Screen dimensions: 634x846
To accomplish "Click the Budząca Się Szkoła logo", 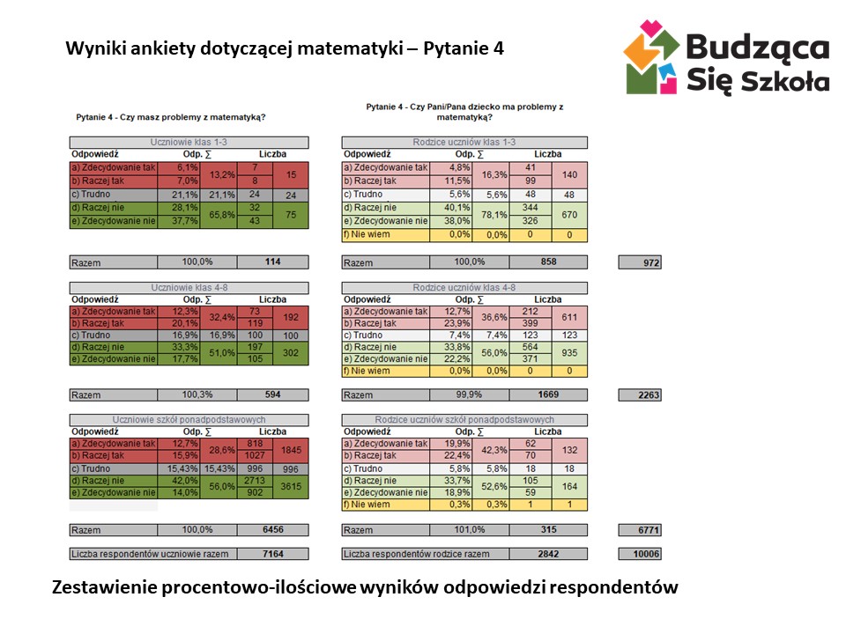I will pos(725,59).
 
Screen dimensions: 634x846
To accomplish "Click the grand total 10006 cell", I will pos(641,554).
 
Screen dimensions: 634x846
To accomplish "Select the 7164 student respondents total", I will pos(273,554).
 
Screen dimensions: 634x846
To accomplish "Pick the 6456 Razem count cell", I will pos(273,530).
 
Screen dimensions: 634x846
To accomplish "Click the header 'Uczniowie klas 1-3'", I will pos(189,143).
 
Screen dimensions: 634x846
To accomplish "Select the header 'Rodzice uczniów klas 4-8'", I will pos(464,287).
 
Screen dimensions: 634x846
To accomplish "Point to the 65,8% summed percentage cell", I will pos(220,215).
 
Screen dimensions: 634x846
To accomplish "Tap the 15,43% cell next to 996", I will pos(220,469).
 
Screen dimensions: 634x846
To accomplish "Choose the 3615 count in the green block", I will pos(291,486).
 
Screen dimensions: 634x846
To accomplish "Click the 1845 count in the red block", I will pos(291,450).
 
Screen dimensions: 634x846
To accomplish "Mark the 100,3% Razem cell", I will pos(197,395).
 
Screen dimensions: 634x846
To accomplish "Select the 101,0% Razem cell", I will pos(468,530).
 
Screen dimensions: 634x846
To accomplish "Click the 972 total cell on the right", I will pos(641,262).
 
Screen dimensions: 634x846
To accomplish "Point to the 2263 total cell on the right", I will pos(641,395).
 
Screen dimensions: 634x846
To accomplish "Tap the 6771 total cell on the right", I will pos(641,530).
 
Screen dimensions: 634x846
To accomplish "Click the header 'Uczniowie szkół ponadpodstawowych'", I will pos(189,420).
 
